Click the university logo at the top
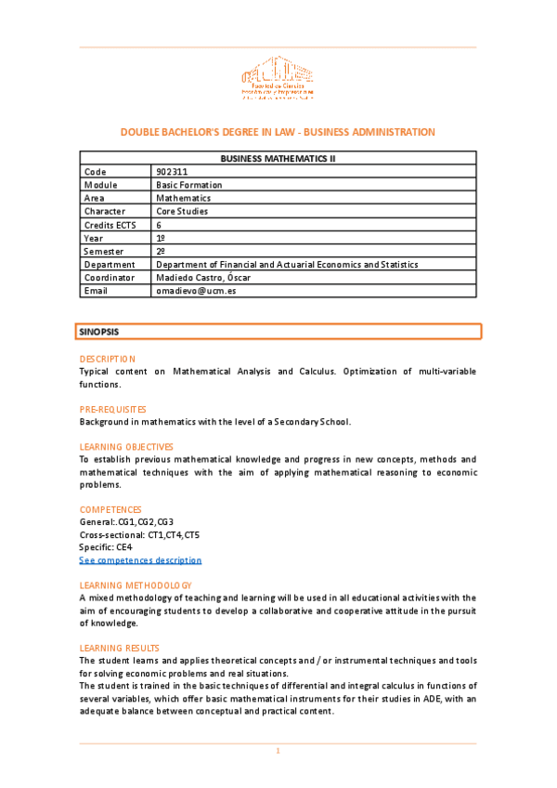click(278, 78)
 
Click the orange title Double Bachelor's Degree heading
click(278, 132)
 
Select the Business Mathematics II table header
click(278, 159)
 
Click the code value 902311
click(172, 172)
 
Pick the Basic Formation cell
click(188, 185)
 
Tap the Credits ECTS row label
click(110, 225)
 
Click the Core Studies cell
click(182, 211)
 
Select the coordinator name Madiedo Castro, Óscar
click(203, 277)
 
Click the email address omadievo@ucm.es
click(196, 290)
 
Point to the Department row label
click(109, 264)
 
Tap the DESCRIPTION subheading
click(107, 359)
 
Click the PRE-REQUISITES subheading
click(112, 409)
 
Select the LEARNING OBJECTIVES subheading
click(125, 447)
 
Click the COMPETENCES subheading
click(110, 509)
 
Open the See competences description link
click(140, 560)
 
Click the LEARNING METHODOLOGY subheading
click(136, 585)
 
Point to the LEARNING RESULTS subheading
click(119, 648)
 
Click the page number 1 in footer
click(278, 750)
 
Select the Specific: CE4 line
click(106, 547)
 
